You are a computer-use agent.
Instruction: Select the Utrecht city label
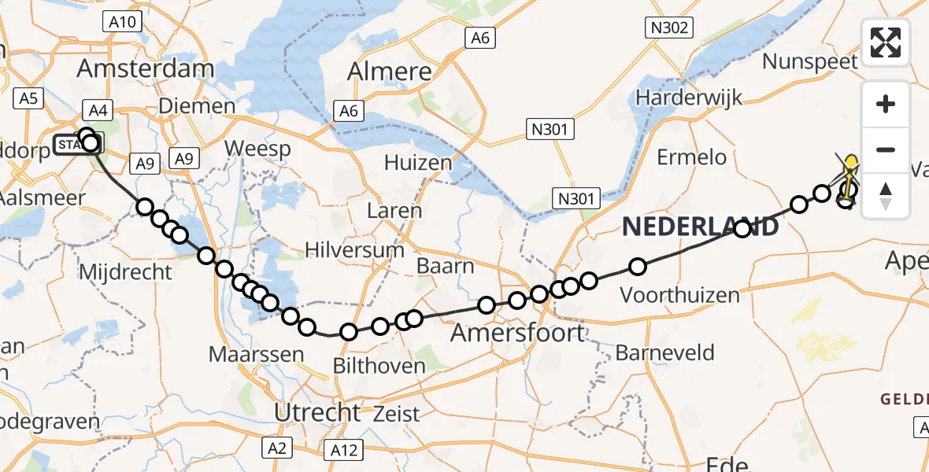coord(316,411)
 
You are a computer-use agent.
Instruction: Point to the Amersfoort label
coord(518,333)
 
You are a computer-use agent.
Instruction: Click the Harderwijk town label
coord(690,98)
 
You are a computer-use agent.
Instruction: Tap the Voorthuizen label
coord(680,295)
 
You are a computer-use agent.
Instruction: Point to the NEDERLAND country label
coord(701,227)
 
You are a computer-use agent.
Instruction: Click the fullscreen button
coord(886,42)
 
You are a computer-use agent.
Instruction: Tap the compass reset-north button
coord(886,195)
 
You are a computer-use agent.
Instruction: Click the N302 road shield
coord(668,28)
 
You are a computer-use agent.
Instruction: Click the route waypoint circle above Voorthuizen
coord(637,267)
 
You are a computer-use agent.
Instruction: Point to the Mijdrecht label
coord(126,272)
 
